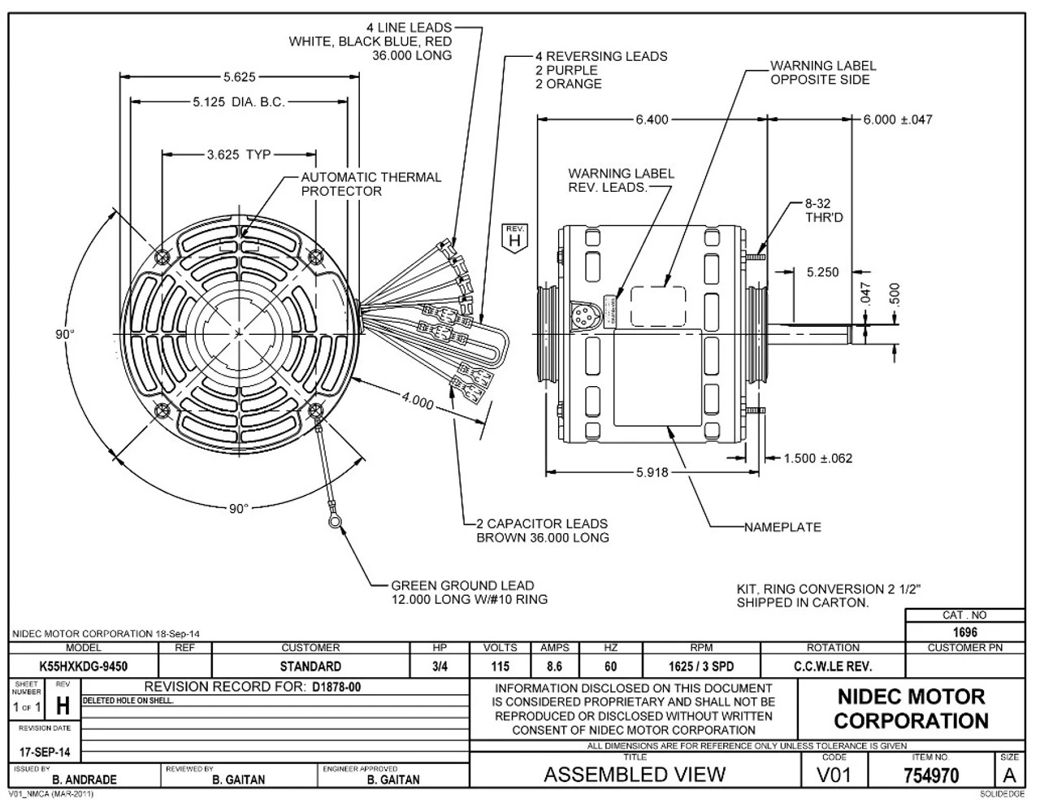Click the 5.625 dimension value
point(239,78)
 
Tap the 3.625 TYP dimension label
point(239,154)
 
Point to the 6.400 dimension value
point(652,119)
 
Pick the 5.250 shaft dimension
point(822,273)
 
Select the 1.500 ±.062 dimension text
point(818,458)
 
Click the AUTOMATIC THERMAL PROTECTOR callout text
point(371,184)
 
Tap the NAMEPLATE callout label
point(782,527)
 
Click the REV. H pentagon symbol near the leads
point(513,237)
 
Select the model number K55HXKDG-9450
point(83,667)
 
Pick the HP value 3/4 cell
point(440,667)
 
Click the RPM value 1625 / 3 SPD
point(701,667)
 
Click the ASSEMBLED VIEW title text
point(634,775)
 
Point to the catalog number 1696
point(965,632)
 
